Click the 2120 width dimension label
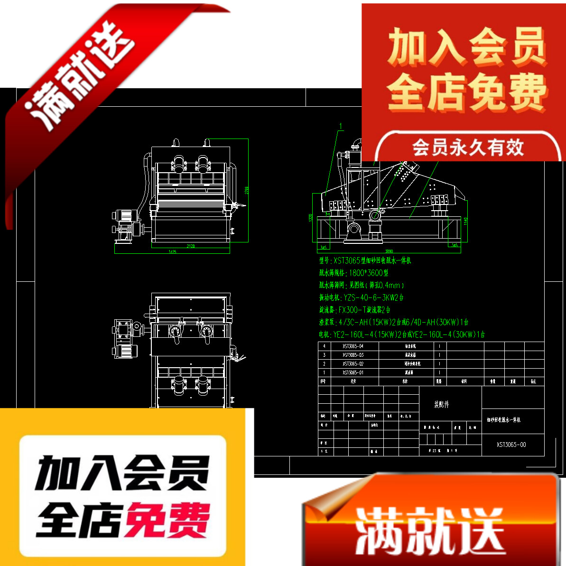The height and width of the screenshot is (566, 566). pyautogui.click(x=191, y=246)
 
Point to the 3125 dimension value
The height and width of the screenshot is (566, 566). pyautogui.click(x=172, y=252)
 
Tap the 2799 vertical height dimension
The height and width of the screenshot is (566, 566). pyautogui.click(x=247, y=190)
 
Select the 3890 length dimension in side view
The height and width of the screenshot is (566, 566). pyautogui.click(x=389, y=251)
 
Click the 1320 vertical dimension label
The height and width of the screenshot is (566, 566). pyautogui.click(x=311, y=218)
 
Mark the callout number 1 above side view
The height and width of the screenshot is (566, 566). pyautogui.click(x=341, y=126)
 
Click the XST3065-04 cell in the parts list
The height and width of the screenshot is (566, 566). pyautogui.click(x=353, y=346)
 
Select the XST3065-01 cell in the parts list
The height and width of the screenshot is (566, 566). pyautogui.click(x=353, y=373)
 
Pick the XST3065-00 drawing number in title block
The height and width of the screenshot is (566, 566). pyautogui.click(x=511, y=445)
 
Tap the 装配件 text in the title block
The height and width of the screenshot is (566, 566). pyautogui.click(x=441, y=405)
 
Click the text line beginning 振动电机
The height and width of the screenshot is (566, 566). pyautogui.click(x=361, y=297)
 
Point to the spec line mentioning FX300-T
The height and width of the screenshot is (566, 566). pyautogui.click(x=355, y=310)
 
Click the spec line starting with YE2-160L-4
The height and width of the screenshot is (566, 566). pyautogui.click(x=401, y=334)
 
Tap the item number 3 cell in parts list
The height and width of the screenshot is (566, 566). pyautogui.click(x=324, y=355)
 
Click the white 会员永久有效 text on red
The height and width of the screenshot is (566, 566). pyautogui.click(x=468, y=148)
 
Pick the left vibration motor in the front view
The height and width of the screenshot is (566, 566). pyautogui.click(x=178, y=164)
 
